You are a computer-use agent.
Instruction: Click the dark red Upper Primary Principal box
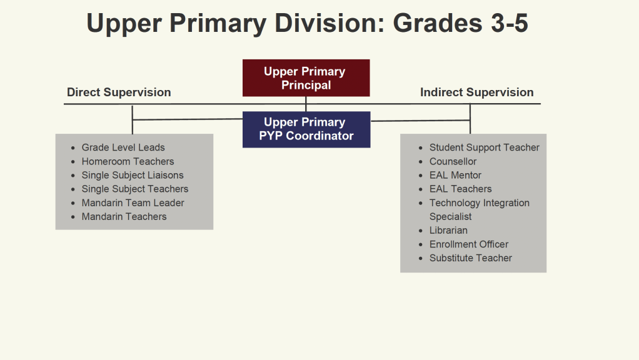(306, 77)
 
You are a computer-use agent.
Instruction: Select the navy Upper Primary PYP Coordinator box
(306, 129)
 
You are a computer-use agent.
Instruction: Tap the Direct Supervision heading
(119, 92)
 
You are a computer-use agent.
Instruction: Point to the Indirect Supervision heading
(477, 92)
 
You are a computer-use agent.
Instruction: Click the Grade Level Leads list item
(123, 147)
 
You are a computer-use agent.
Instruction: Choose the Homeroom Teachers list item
(128, 161)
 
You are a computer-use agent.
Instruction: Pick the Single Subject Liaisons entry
(133, 175)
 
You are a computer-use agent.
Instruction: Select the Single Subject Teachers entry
(135, 189)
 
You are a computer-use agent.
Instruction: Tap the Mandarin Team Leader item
(133, 202)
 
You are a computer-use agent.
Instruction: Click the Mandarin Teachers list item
(124, 217)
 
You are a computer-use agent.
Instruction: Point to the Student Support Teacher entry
(484, 147)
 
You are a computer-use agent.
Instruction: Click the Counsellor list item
(453, 161)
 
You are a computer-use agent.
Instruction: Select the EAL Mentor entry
(455, 175)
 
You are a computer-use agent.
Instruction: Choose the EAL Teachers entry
(461, 189)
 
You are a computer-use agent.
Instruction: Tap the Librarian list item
(448, 231)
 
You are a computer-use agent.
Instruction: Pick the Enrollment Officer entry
(469, 244)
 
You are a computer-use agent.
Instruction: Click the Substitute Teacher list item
(471, 258)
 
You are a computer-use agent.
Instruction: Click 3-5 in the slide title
(510, 22)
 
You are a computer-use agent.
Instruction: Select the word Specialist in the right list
(450, 217)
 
